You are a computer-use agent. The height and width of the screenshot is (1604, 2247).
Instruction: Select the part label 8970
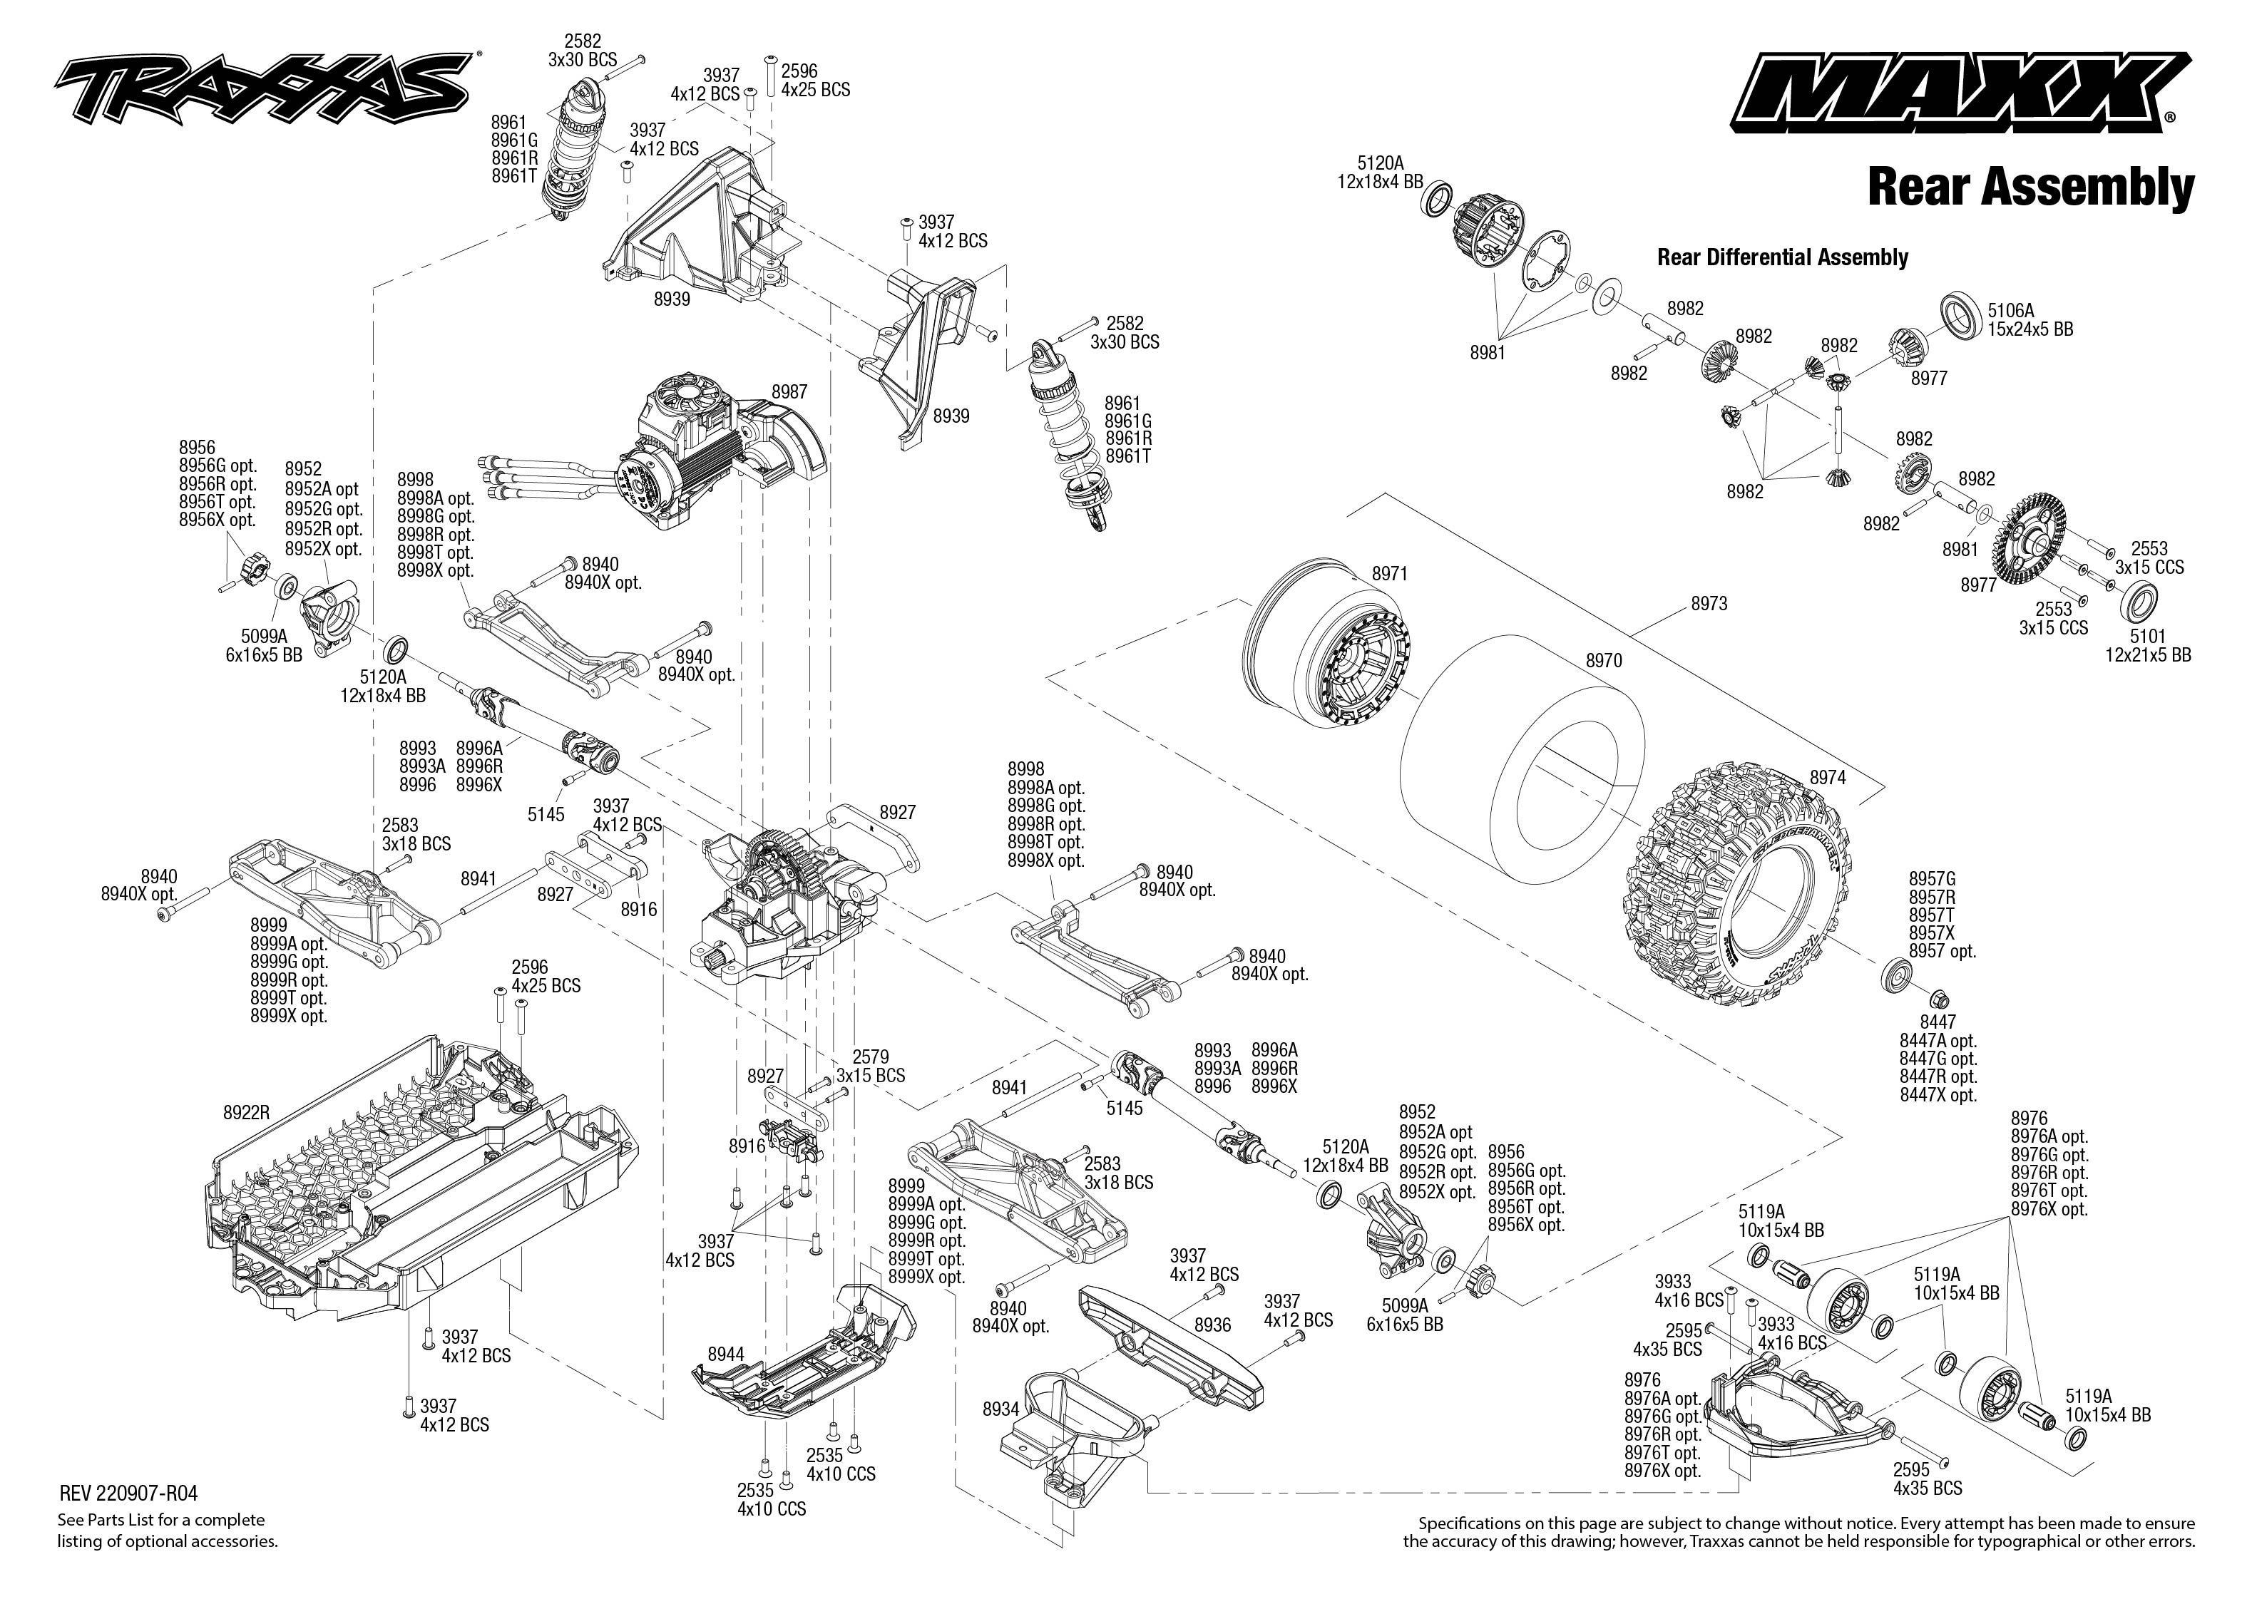pyautogui.click(x=1603, y=661)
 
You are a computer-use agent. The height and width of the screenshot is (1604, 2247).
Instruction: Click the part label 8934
pyautogui.click(x=1000, y=1409)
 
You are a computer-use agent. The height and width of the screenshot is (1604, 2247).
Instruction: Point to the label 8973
pyautogui.click(x=1709, y=604)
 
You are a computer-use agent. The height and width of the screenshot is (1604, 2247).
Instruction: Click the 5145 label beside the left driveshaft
pyautogui.click(x=546, y=814)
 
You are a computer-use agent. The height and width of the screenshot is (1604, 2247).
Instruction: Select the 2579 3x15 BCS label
pyautogui.click(x=870, y=1066)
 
